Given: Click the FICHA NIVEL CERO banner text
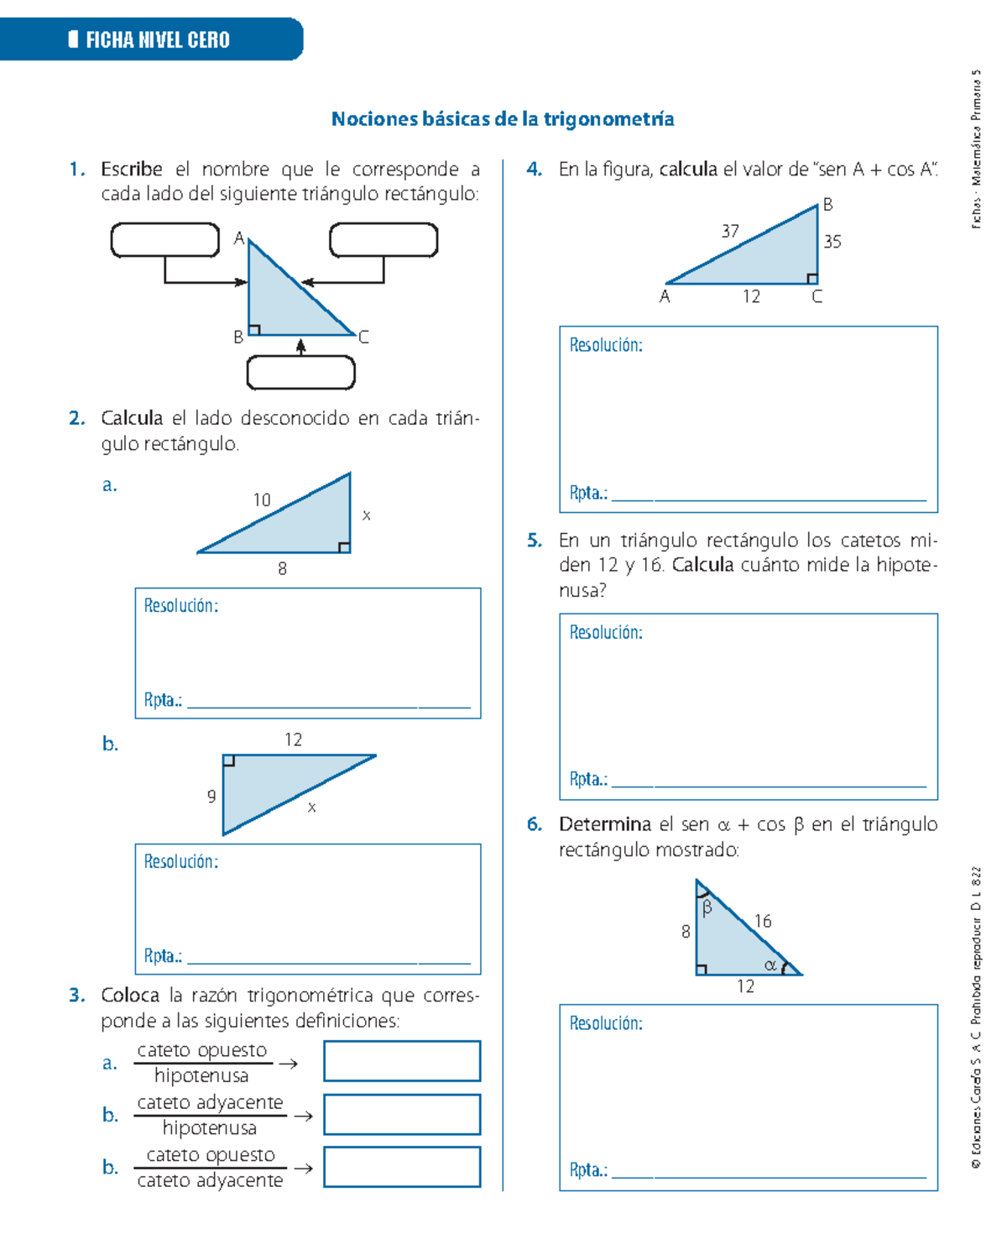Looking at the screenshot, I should pyautogui.click(x=157, y=39).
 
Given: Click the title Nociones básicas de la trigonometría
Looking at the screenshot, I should pyautogui.click(x=502, y=119).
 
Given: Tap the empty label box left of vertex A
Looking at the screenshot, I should pyautogui.click(x=165, y=240).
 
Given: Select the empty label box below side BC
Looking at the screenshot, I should pyautogui.click(x=300, y=373).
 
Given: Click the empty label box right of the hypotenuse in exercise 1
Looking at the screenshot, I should pyautogui.click(x=383, y=240).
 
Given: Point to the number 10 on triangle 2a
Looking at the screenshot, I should pyautogui.click(x=262, y=500).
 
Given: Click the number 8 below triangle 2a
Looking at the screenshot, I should pyautogui.click(x=282, y=569).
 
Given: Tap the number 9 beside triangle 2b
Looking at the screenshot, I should pyautogui.click(x=211, y=797).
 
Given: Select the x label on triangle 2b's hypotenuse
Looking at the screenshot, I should pyautogui.click(x=311, y=808).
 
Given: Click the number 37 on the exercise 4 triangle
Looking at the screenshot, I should pyautogui.click(x=730, y=231).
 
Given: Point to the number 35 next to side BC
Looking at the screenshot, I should pyautogui.click(x=832, y=242).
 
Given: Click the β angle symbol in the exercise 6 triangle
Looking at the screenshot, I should pyautogui.click(x=707, y=907).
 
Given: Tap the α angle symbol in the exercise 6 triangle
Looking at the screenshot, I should pyautogui.click(x=770, y=965).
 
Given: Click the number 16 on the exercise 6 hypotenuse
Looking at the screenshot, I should pyautogui.click(x=762, y=922).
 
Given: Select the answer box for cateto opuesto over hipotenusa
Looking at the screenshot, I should pyautogui.click(x=402, y=1061).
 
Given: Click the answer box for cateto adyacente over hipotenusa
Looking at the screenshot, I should pyautogui.click(x=402, y=1114).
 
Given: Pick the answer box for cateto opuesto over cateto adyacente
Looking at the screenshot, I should pyautogui.click(x=402, y=1167).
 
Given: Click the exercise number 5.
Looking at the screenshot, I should pyautogui.click(x=534, y=541).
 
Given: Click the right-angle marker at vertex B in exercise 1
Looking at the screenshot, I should pyautogui.click(x=254, y=330).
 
